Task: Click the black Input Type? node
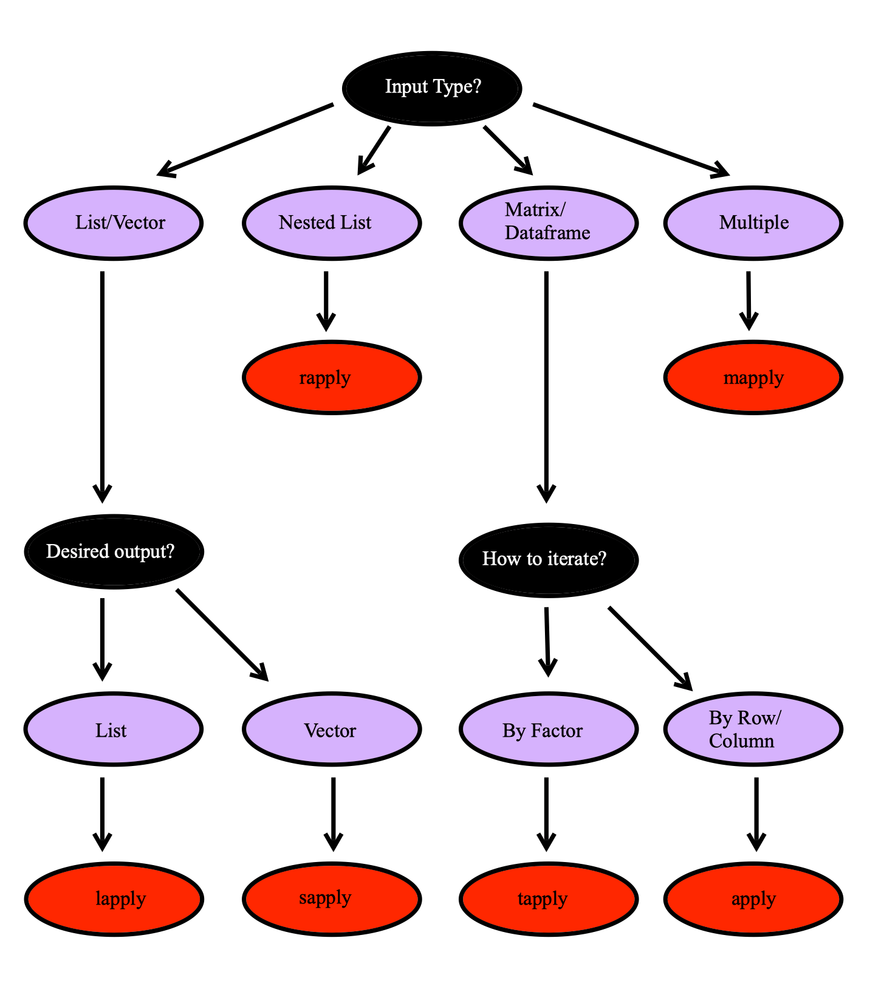pyautogui.click(x=432, y=89)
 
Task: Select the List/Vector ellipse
pyautogui.click(x=114, y=223)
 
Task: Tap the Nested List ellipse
pyautogui.click(x=332, y=223)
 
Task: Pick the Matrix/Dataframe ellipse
pyautogui.click(x=549, y=223)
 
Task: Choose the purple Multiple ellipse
pyautogui.click(x=753, y=223)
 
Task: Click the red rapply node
pyautogui.click(x=332, y=378)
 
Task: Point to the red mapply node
pyautogui.click(x=753, y=378)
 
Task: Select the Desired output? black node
pyautogui.click(x=114, y=551)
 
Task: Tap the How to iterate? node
pyautogui.click(x=549, y=559)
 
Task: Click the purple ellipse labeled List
pyautogui.click(x=114, y=730)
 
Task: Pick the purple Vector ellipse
pyautogui.click(x=332, y=730)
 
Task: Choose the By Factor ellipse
pyautogui.click(x=549, y=730)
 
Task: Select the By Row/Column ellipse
pyautogui.click(x=753, y=730)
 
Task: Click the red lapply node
pyautogui.click(x=114, y=899)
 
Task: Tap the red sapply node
pyautogui.click(x=332, y=899)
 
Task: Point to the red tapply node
pyautogui.click(x=549, y=899)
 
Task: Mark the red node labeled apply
pyautogui.click(x=753, y=899)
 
